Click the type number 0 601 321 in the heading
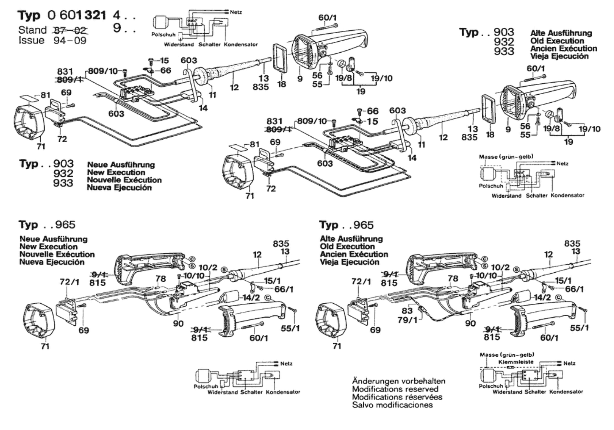76,15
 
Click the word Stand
33,30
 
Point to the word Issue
32,40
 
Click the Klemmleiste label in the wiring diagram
516,362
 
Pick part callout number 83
407,311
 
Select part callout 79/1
407,320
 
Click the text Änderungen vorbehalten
399,381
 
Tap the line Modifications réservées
397,397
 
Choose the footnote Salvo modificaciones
392,405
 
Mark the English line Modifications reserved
395,389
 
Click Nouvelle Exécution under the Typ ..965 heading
57,254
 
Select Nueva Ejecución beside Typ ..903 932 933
119,188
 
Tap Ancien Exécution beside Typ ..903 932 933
564,48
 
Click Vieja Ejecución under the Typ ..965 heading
350,262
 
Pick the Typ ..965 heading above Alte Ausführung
346,225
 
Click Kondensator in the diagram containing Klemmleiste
566,392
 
